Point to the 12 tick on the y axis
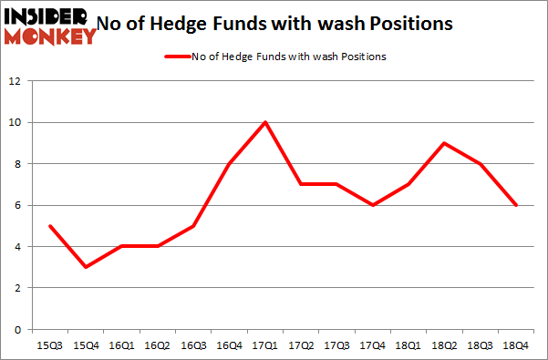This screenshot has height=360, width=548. coord(15,81)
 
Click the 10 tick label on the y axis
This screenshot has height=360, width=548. coord(15,122)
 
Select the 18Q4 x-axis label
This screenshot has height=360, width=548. coord(517,345)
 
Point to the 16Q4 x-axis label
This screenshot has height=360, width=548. coord(229,345)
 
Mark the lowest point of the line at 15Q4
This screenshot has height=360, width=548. coord(85,267)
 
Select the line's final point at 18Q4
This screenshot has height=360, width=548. coord(517,205)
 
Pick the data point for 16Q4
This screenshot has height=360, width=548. coord(229,164)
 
